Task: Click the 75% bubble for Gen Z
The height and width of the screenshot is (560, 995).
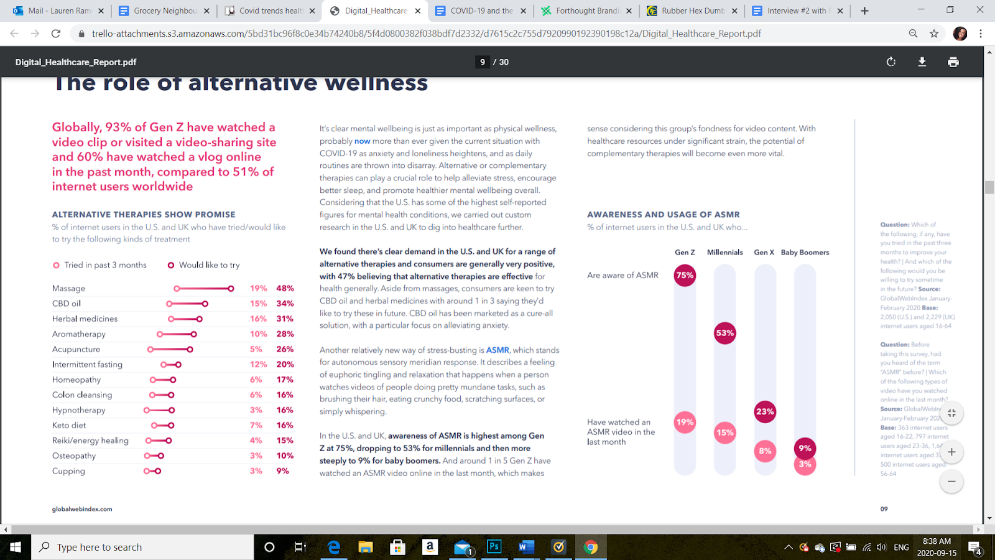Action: pos(685,275)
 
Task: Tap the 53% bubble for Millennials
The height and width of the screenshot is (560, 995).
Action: pos(725,333)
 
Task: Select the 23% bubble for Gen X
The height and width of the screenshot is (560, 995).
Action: pos(765,411)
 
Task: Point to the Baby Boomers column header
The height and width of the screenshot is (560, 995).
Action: pos(805,252)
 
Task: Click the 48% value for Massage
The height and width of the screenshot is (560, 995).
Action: pos(285,288)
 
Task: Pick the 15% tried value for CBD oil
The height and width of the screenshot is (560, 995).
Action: pos(258,304)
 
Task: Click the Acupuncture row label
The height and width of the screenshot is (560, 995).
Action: pos(76,349)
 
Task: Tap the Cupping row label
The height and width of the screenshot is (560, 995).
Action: pos(68,471)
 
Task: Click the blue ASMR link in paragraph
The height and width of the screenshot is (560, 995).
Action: pos(497,350)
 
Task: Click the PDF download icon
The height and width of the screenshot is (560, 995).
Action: pos(922,62)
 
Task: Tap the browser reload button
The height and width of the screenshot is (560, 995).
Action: pos(56,34)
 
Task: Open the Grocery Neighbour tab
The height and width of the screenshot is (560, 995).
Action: pos(165,11)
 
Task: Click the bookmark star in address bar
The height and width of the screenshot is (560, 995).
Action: pos(934,34)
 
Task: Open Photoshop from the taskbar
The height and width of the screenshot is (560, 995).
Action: pos(494,547)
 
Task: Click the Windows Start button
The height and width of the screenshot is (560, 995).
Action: pos(16,547)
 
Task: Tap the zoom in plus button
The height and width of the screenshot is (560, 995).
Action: pos(951,452)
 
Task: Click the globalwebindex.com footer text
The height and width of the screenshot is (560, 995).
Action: pos(82,509)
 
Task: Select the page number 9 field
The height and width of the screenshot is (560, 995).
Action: pos(483,62)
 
